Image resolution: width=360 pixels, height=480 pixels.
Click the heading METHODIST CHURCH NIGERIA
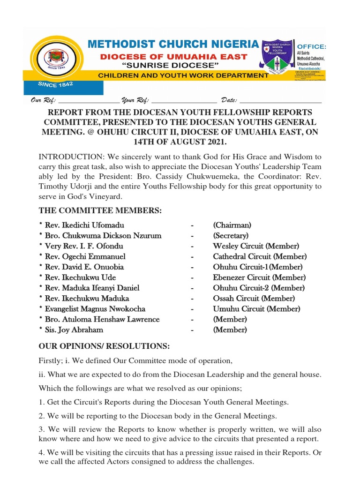pyautogui.click(x=173, y=45)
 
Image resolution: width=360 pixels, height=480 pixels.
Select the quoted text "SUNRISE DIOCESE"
pyautogui.click(x=171, y=65)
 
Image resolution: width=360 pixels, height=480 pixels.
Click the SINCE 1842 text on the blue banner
pyautogui.click(x=55, y=85)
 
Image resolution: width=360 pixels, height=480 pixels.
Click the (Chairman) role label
pyautogui.click(x=232, y=225)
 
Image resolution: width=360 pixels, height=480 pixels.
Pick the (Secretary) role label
pyautogui.click(x=231, y=236)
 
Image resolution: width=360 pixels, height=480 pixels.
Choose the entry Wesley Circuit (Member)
pyautogui.click(x=255, y=246)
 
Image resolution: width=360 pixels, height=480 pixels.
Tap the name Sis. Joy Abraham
pyautogui.click(x=71, y=330)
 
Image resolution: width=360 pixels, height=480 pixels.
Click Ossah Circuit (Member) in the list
pyautogui.click(x=254, y=298)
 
